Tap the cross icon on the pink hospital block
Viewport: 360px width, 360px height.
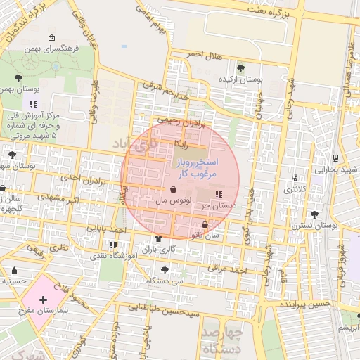pos(44,300)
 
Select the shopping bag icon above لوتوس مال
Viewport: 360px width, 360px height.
pos(173,189)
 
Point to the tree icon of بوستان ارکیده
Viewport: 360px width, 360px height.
pos(241,68)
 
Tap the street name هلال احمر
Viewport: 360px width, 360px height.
pos(205,54)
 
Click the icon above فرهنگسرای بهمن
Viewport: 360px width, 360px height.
pos(51,38)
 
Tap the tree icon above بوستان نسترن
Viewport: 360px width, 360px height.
pos(313,214)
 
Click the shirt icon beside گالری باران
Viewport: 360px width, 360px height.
pos(157,238)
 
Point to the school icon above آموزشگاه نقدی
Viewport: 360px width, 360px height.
pos(113,245)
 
